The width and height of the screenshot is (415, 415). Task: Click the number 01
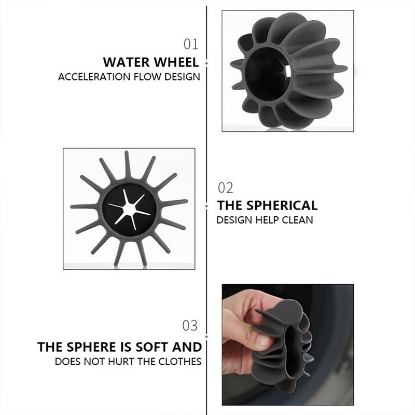point(191,44)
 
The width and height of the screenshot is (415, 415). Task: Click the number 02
point(226,188)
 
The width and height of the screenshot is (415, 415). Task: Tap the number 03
point(190,325)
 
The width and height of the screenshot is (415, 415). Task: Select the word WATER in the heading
point(127,62)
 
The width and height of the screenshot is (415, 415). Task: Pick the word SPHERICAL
point(282,205)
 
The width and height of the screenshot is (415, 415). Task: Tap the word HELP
point(267,220)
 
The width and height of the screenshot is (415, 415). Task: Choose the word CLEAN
point(297,220)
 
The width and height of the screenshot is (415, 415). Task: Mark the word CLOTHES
point(180,362)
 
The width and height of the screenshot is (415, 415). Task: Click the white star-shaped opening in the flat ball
point(129,210)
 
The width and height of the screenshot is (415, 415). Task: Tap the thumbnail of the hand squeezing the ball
point(288,344)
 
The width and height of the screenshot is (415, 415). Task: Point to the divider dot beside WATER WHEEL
point(206,63)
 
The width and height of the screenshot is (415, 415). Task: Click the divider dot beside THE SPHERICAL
point(206,205)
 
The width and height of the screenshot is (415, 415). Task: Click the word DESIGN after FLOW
point(182,77)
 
